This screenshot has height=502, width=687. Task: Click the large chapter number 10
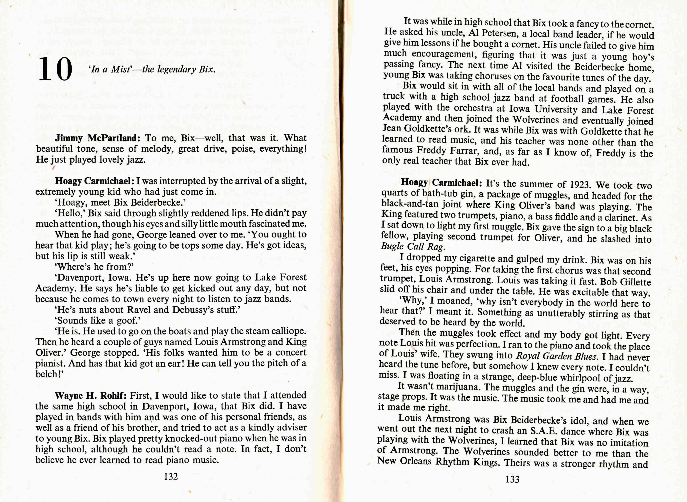point(56,69)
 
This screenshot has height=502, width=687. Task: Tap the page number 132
point(171,476)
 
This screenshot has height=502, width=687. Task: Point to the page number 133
point(512,479)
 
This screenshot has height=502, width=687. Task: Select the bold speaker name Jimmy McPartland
point(97,138)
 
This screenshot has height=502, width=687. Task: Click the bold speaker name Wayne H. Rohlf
point(90,396)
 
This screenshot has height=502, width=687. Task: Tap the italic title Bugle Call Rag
point(412,246)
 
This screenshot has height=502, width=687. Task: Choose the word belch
point(46,374)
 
